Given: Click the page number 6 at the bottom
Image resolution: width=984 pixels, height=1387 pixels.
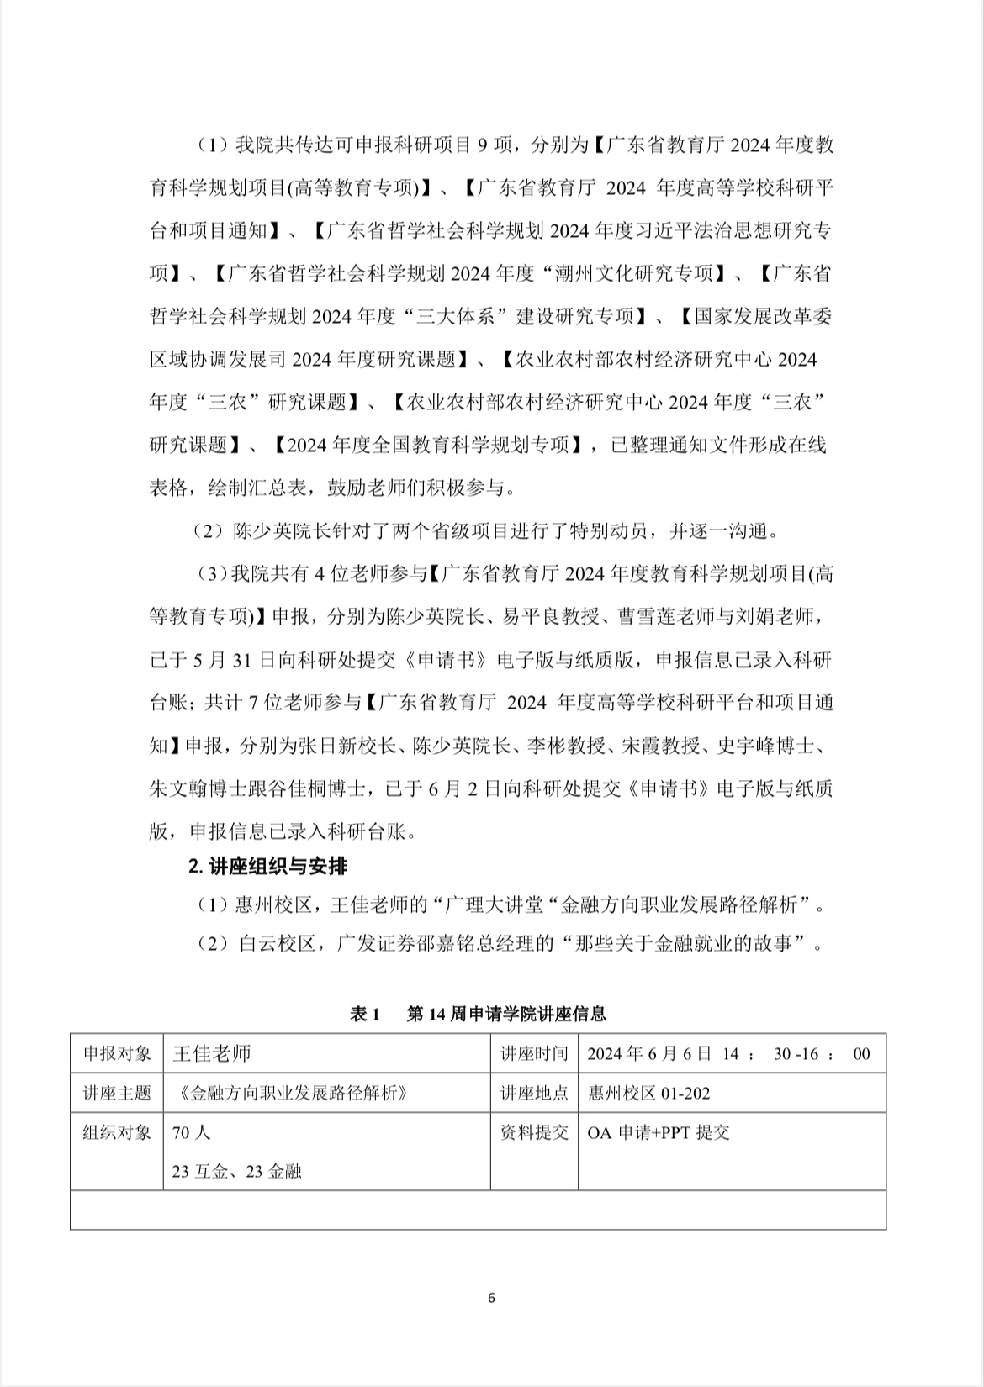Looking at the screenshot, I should click(x=491, y=1297).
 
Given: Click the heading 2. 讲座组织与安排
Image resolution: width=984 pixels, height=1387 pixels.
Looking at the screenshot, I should click(x=267, y=866).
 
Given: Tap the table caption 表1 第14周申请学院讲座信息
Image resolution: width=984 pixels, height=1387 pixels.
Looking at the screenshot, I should click(x=478, y=1014).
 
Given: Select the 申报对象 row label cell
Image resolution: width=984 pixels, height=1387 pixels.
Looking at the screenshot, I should click(x=117, y=1054).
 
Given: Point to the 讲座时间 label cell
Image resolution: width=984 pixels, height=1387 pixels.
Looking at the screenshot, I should click(x=534, y=1054).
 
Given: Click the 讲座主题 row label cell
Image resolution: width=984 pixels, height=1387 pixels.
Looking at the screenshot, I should click(x=117, y=1093).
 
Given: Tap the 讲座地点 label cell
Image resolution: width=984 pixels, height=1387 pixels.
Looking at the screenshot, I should click(x=534, y=1093).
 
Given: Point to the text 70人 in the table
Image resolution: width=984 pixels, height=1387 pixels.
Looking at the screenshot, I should click(x=191, y=1132).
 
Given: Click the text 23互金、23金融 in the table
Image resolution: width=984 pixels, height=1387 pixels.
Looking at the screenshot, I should click(x=236, y=1171).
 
